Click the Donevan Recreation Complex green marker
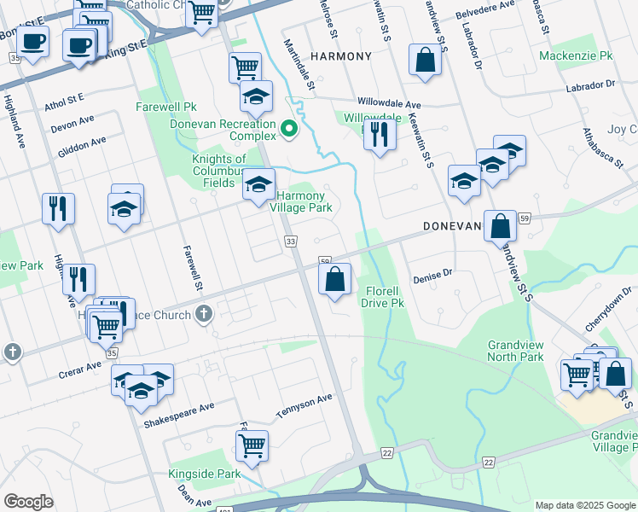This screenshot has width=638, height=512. pos(289,131)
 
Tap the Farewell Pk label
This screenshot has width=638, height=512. pos(166,108)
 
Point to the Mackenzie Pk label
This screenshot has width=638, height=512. pos(576,56)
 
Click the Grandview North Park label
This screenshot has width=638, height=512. pos(515,351)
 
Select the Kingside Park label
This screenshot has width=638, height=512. pos(217,473)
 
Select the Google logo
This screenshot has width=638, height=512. pos(28,502)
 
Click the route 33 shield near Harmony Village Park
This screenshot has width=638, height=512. pos(291,243)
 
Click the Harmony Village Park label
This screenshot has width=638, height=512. pos(301,201)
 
